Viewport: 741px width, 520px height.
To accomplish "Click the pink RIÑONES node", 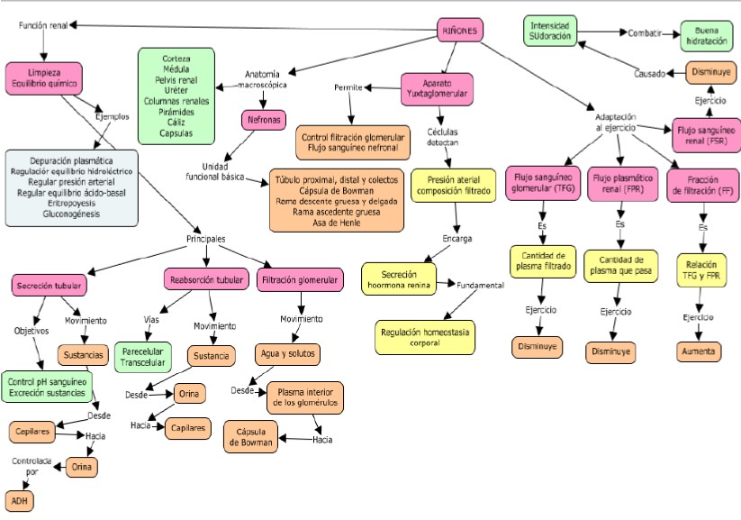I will [x=461, y=31].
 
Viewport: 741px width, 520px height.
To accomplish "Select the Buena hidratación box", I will [x=706, y=33].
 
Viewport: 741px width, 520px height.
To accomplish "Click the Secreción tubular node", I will [x=50, y=286].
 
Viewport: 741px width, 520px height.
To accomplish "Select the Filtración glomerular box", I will [x=300, y=280].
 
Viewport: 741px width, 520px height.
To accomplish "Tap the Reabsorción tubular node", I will [x=206, y=280].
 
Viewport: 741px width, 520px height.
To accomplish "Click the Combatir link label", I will [x=645, y=33].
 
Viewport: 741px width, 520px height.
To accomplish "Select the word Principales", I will [x=205, y=239].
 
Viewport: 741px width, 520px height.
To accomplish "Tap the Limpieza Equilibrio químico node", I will [x=43, y=77].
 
